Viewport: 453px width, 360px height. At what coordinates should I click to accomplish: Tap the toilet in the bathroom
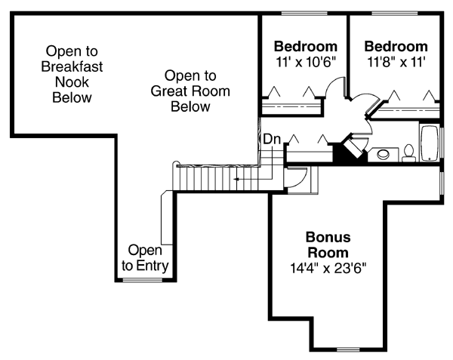click(409, 153)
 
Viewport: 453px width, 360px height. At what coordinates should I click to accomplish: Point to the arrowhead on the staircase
click(236, 180)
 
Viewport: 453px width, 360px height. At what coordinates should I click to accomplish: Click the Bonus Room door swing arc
click(297, 176)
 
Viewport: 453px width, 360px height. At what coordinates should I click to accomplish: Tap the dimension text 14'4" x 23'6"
click(328, 267)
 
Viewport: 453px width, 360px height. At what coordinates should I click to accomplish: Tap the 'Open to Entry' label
click(146, 257)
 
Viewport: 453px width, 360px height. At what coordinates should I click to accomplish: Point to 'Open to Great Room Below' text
click(190, 91)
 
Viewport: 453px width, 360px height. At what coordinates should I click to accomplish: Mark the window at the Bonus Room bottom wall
click(348, 349)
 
